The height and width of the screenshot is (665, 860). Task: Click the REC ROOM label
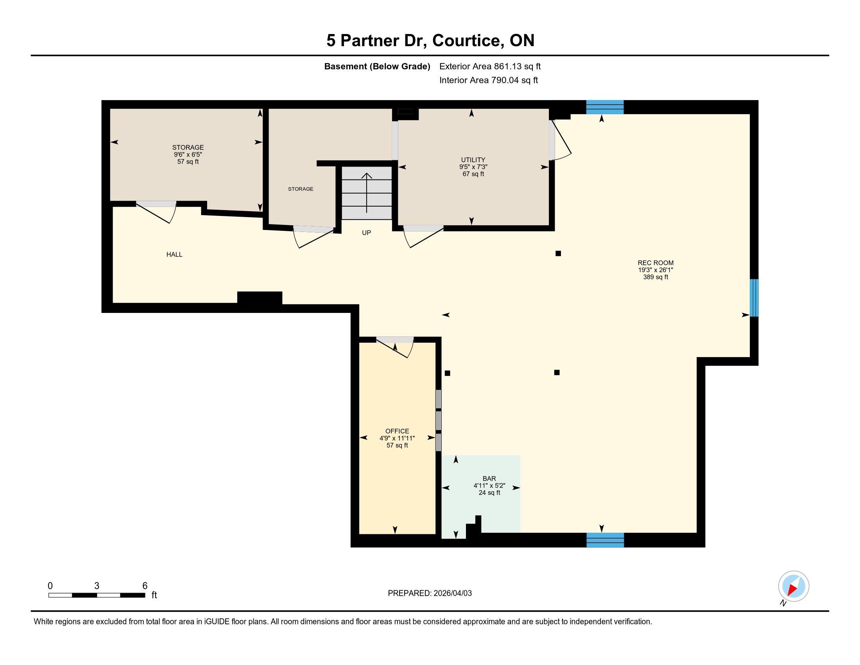point(656,263)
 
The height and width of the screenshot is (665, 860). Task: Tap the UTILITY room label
point(473,160)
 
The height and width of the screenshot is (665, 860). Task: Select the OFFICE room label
point(397,431)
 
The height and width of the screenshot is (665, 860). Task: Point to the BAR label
point(489,478)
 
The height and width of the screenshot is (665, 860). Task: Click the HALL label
point(174,255)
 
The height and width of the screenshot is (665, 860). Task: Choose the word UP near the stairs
point(366,233)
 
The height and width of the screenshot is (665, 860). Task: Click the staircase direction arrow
point(367,192)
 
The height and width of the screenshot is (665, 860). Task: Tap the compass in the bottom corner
point(794,586)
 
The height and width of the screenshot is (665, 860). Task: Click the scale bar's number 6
point(145,586)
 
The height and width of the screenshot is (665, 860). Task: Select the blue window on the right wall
point(754,298)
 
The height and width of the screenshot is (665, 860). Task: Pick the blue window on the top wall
point(605,107)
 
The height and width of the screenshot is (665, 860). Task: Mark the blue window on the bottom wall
point(605,540)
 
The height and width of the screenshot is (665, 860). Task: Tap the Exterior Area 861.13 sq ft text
point(490,66)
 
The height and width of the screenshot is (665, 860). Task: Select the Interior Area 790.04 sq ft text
point(488,80)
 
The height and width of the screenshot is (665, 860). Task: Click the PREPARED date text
point(430,593)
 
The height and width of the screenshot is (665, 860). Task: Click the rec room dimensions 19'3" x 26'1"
point(656,270)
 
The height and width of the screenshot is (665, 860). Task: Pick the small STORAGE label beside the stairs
point(301,189)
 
